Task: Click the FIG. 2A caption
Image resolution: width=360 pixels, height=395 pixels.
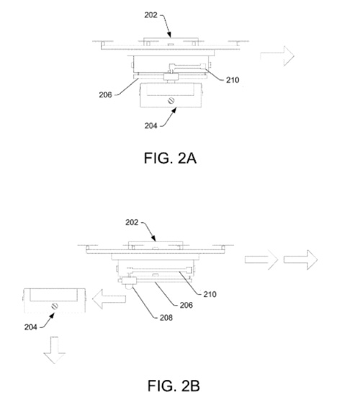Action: [170, 158]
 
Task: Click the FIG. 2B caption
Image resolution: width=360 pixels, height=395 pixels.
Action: [174, 386]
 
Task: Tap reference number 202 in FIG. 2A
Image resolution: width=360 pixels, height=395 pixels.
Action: [150, 15]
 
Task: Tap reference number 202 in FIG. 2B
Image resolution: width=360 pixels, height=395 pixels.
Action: [132, 222]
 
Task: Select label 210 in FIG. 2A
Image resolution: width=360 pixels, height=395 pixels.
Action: [233, 80]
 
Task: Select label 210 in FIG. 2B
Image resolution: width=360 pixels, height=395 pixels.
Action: [210, 294]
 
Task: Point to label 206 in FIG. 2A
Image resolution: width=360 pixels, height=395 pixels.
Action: [105, 94]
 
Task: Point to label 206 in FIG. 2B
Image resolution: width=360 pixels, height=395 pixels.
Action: [186, 305]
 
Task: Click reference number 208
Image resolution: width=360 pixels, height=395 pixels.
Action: [166, 318]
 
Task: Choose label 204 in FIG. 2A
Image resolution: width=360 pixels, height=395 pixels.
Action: [151, 125]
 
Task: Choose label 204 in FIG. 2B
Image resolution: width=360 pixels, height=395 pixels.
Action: [31, 327]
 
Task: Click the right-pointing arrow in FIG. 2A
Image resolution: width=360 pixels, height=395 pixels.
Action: [277, 56]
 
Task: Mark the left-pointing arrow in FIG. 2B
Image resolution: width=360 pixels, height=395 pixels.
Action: [109, 299]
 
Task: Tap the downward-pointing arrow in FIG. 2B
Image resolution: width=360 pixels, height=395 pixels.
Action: [55, 350]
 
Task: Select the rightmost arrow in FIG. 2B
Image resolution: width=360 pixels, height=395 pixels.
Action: [301, 259]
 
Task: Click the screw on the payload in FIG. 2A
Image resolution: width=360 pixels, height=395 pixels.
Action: [171, 101]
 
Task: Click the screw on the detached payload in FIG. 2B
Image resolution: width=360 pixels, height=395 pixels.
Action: [55, 306]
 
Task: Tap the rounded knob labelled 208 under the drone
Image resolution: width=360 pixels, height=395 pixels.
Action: [129, 287]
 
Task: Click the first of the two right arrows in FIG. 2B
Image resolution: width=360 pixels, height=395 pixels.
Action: [261, 259]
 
